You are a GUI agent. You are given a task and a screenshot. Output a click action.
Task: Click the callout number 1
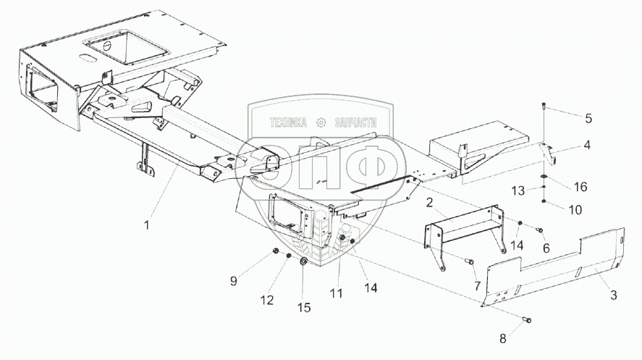pyautogui.click(x=147, y=225)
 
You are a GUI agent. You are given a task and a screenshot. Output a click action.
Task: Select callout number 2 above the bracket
pyautogui.click(x=429, y=201)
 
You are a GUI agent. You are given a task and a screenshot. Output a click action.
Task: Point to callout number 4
pyautogui.click(x=586, y=144)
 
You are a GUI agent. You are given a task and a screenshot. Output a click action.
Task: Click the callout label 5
pyautogui.click(x=587, y=117)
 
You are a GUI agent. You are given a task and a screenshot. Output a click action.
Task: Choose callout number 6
pyautogui.click(x=546, y=247)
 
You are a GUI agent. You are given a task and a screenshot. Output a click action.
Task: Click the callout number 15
pyautogui.click(x=304, y=308)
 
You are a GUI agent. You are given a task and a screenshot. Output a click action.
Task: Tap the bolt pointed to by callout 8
pyautogui.click(x=526, y=319)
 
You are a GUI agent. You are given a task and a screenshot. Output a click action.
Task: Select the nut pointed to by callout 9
pyautogui.click(x=277, y=251)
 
